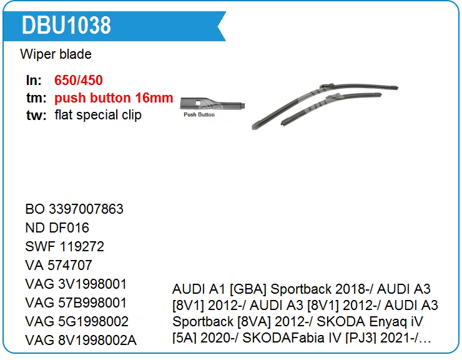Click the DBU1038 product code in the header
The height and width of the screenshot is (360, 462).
tap(66, 25)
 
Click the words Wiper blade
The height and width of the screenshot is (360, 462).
tap(56, 54)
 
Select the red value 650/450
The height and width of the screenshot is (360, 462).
tap(79, 80)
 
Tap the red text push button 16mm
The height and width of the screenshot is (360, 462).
tap(114, 97)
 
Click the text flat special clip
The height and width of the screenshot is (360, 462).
tap(98, 115)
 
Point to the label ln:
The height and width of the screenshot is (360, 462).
tap(34, 81)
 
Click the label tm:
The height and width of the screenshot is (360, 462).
tap(36, 98)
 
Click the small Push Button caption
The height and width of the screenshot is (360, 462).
tap(199, 115)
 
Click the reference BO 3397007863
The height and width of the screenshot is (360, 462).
tap(74, 209)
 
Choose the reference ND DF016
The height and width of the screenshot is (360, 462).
tap(57, 227)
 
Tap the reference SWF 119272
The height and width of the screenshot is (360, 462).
tap(64, 246)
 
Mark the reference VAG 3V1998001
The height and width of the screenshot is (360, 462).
tap(76, 284)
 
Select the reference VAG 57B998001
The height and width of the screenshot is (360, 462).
tap(76, 302)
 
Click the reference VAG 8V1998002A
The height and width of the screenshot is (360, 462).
tap(81, 340)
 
